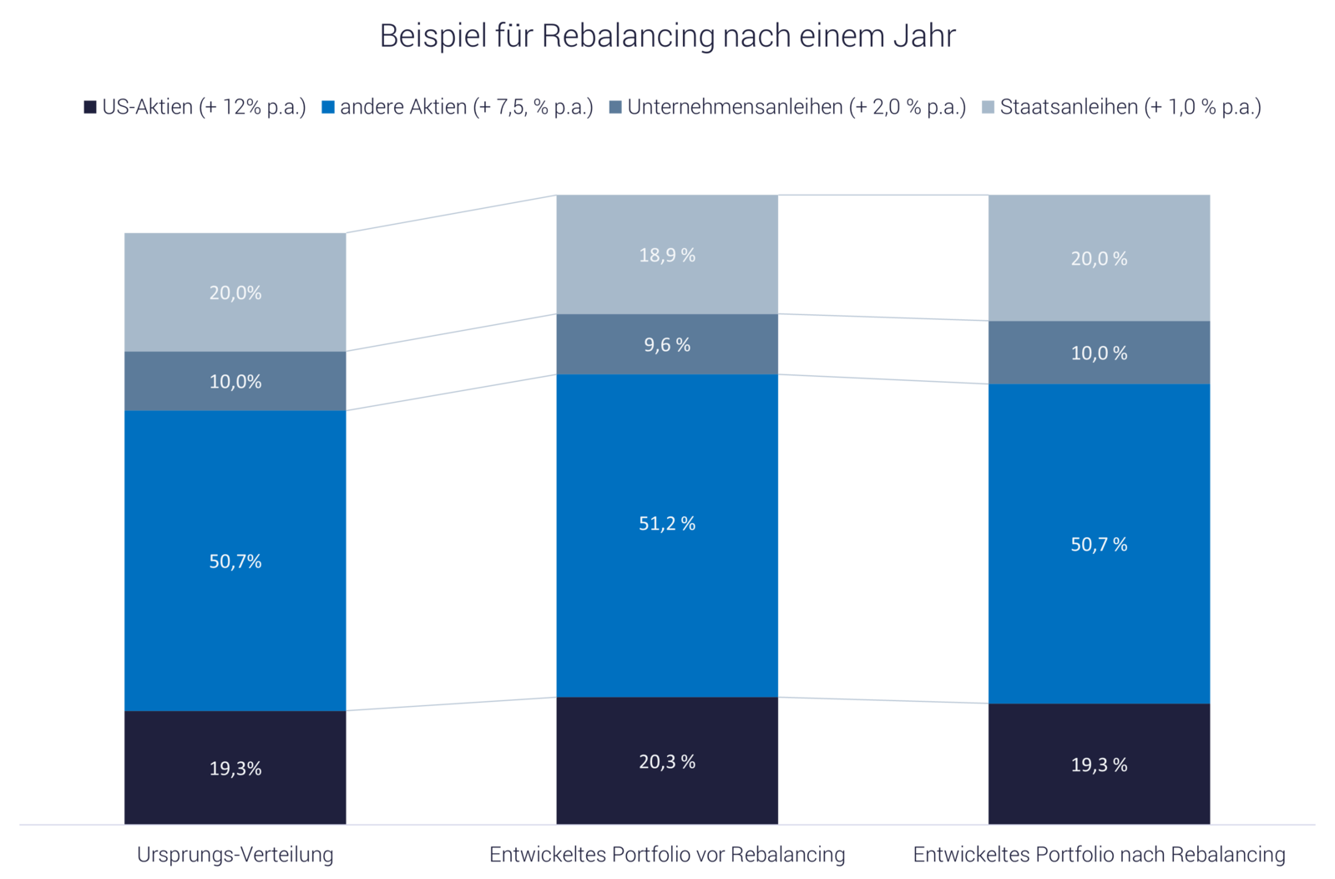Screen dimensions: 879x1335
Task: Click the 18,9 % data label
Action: tap(667, 255)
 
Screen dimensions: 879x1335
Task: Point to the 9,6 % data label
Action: tap(667, 345)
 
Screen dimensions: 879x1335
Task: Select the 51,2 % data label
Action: tap(667, 524)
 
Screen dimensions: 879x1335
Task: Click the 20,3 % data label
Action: tap(667, 762)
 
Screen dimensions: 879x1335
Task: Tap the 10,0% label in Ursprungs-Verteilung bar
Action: tap(235, 382)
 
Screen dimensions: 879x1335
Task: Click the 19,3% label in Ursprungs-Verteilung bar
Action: tap(235, 769)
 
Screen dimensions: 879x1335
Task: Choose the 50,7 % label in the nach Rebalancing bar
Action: tap(1099, 545)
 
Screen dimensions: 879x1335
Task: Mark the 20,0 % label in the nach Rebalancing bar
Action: tap(1099, 259)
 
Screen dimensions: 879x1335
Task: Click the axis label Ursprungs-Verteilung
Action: tap(235, 856)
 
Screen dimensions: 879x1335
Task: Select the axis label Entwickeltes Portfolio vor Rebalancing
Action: tap(667, 856)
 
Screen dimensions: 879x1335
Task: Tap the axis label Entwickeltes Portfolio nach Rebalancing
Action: tap(1099, 856)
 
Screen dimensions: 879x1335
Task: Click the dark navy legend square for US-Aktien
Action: tap(90, 108)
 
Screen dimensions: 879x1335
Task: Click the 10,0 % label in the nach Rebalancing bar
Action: tap(1099, 353)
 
